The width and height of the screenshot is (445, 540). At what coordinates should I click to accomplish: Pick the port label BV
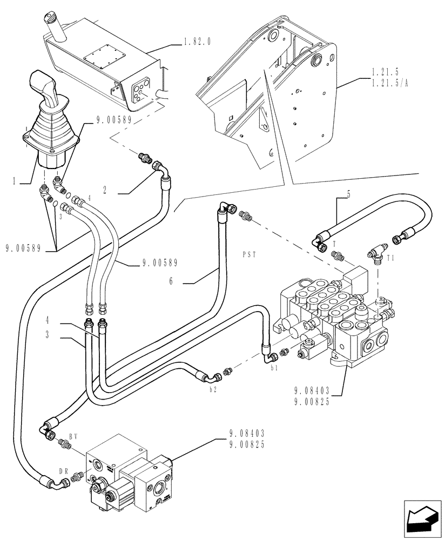[74, 435]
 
